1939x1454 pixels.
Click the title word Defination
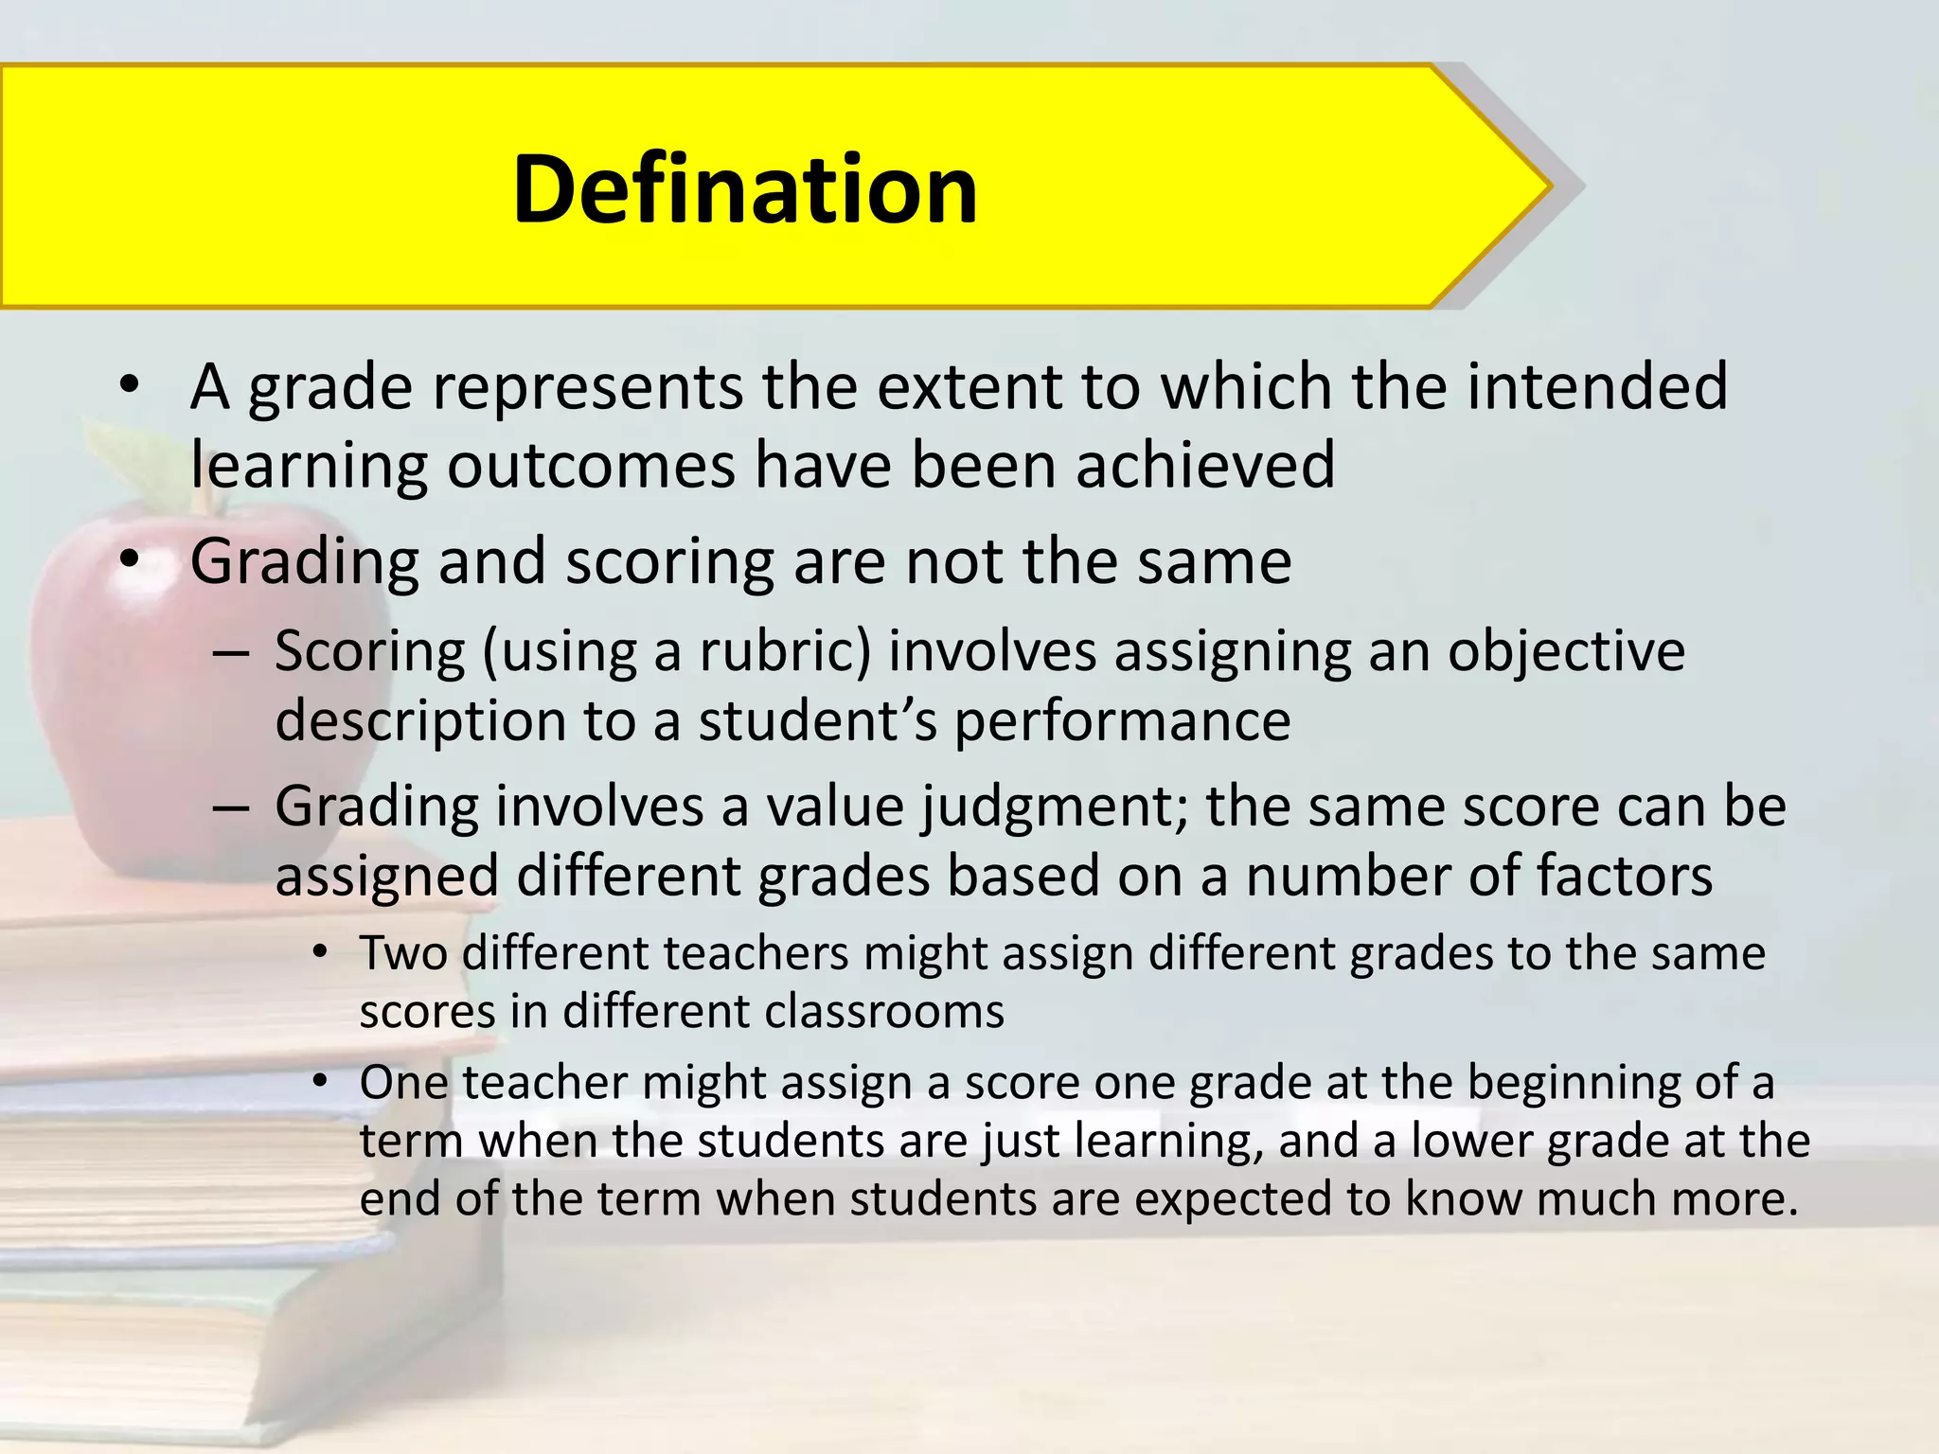(x=744, y=189)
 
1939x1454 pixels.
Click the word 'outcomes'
(x=591, y=467)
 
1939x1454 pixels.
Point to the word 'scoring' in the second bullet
(x=668, y=561)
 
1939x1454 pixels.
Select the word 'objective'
(x=1566, y=652)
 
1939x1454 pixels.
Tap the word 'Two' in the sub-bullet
(x=402, y=953)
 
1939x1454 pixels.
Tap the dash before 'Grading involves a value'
(x=231, y=808)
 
